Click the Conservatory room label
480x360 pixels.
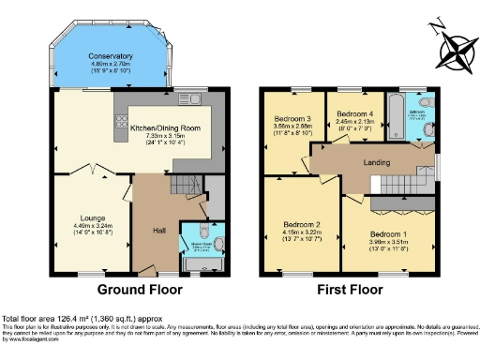click(x=104, y=56)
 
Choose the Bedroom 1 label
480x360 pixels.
click(x=387, y=233)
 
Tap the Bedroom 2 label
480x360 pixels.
click(x=303, y=225)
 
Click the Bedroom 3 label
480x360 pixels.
click(x=292, y=119)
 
